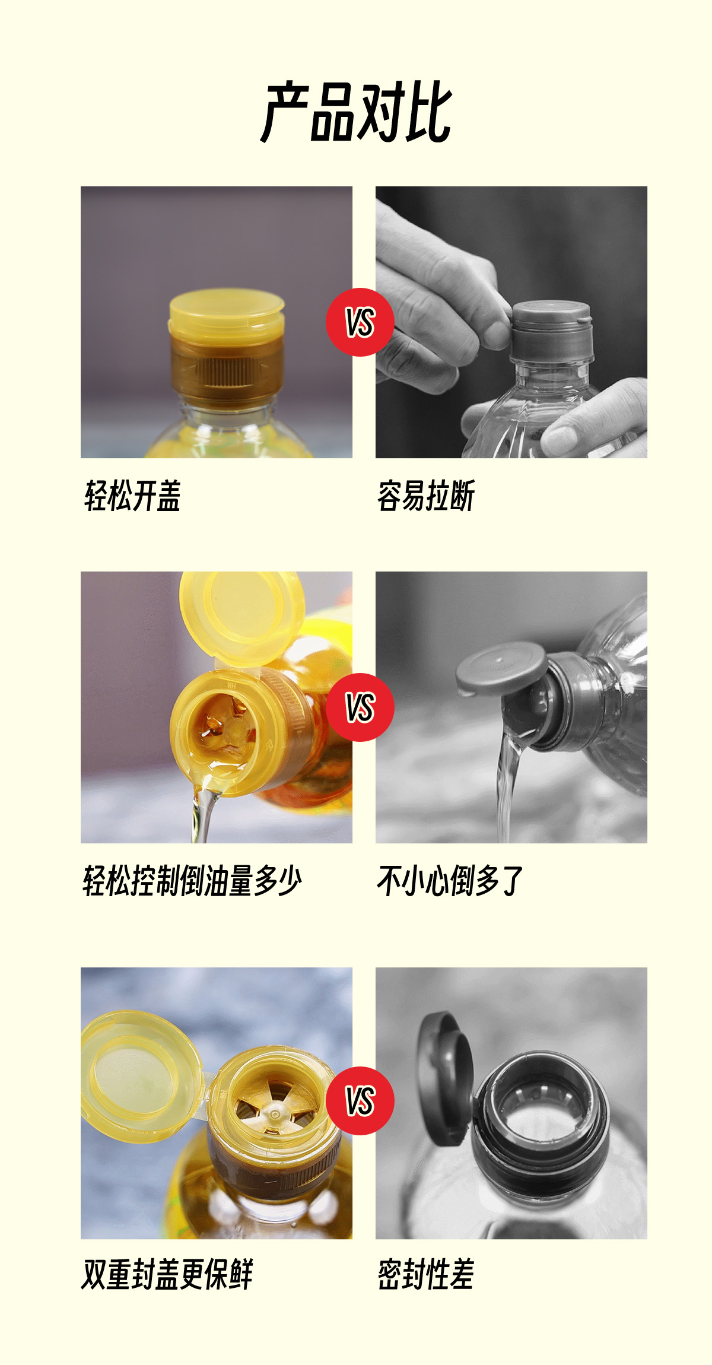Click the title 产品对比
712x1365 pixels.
point(357,112)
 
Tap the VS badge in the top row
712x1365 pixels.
point(360,322)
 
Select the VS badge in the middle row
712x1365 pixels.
point(360,707)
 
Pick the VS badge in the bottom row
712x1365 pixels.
point(360,1101)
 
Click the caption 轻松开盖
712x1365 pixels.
point(132,496)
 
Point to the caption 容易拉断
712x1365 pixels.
point(426,496)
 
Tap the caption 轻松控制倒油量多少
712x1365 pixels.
point(192,881)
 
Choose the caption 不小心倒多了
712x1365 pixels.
point(450,881)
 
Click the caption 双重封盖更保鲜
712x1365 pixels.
point(167,1274)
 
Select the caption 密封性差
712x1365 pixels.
point(426,1274)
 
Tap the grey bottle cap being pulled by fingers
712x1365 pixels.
point(552,331)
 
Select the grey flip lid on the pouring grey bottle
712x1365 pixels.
point(501,668)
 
